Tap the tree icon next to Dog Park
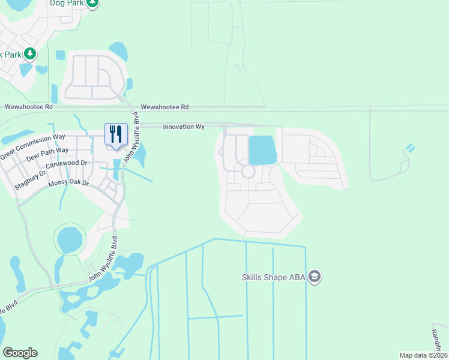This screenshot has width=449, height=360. coord(91,3)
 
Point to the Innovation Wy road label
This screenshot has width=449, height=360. coord(184,127)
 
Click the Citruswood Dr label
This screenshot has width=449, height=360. coord(66,163)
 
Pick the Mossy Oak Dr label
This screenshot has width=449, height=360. coord(68,182)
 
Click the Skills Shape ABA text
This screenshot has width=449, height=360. coord(273,277)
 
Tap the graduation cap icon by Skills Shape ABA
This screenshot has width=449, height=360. coord(315,277)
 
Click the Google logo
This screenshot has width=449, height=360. coord(20,353)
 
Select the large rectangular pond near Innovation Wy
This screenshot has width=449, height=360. coord(262,150)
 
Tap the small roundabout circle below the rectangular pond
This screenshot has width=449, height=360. coord(247,172)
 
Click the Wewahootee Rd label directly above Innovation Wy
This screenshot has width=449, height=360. coord(164,107)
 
